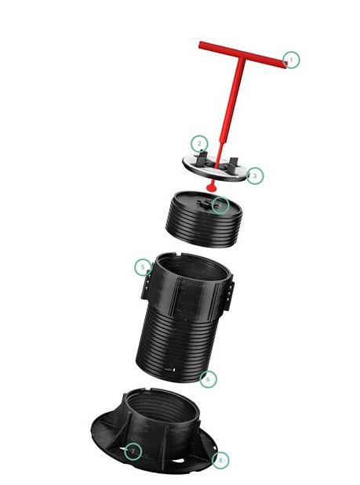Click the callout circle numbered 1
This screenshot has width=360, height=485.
click(292, 60)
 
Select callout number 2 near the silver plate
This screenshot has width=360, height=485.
click(200, 143)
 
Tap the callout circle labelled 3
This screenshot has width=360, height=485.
click(255, 176)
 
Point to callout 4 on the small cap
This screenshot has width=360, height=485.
click(221, 205)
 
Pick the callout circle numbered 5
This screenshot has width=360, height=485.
click(143, 267)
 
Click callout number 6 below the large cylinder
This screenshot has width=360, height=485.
click(208, 378)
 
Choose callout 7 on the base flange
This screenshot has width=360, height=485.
click(133, 451)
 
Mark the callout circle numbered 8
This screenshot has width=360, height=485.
click(221, 460)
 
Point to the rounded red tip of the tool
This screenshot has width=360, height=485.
click(213, 188)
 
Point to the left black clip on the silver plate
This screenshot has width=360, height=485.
click(203, 161)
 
